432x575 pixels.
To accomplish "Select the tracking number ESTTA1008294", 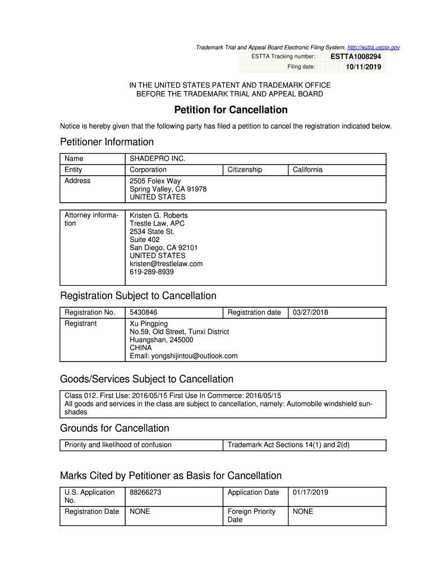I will click(x=355, y=57).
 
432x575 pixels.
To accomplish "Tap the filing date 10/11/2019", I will click(x=363, y=67).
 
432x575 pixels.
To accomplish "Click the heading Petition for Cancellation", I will click(x=231, y=110).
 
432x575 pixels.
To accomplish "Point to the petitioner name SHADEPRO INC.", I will click(x=157, y=159).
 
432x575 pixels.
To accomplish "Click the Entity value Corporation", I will click(x=148, y=170).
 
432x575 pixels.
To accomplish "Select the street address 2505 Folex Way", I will click(x=155, y=181).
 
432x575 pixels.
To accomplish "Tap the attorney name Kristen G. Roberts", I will click(x=159, y=216).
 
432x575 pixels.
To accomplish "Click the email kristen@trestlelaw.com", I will click(x=166, y=263).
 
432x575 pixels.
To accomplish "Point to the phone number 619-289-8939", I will click(x=151, y=272).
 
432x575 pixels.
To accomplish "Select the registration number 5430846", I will click(x=144, y=312).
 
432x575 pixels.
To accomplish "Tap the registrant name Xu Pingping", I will click(x=149, y=323).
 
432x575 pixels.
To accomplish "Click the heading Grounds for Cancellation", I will click(x=114, y=428).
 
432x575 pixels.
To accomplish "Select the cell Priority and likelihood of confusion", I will click(x=118, y=445).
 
